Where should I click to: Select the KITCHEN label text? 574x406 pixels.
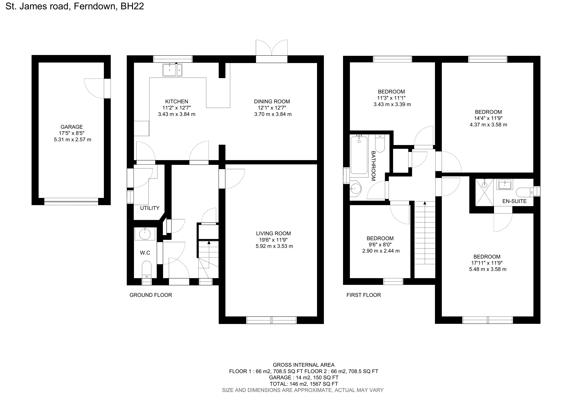tap(177, 101)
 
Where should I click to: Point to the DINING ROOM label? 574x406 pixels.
tap(272, 101)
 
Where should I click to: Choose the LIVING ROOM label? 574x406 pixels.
tap(273, 233)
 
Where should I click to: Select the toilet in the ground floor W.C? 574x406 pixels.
tap(147, 269)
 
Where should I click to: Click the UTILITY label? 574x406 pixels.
tap(150, 208)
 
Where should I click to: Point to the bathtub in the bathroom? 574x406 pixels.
tap(359, 155)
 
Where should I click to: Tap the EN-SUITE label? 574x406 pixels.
tap(514, 201)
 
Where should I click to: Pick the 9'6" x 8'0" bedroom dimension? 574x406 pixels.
tap(380, 245)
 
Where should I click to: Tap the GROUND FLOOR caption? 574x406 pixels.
tap(151, 295)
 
